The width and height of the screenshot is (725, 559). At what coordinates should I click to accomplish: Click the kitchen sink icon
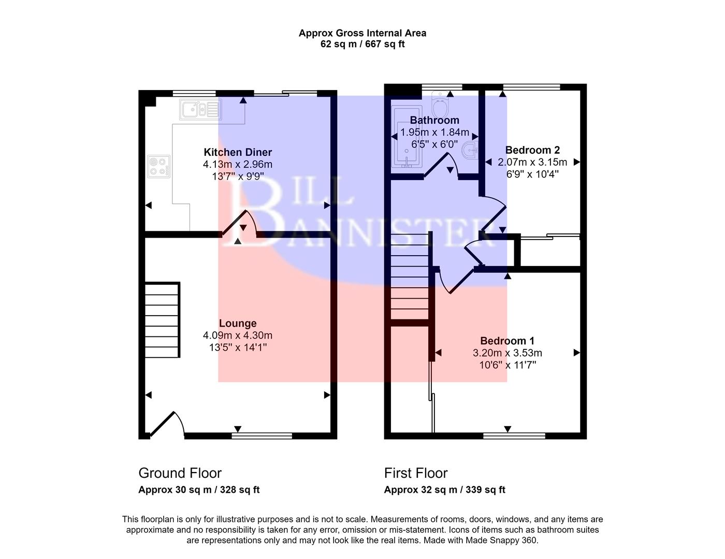point(201,109)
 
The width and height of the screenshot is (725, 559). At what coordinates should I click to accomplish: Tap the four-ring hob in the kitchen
point(159,166)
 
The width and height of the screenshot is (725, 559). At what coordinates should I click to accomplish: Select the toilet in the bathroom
point(441,106)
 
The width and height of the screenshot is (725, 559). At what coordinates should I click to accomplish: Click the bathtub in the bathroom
point(408,137)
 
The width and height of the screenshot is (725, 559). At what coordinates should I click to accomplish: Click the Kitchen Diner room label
point(238,152)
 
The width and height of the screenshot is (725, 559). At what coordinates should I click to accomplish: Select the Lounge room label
point(238,323)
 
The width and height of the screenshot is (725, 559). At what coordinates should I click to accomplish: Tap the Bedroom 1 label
point(507,341)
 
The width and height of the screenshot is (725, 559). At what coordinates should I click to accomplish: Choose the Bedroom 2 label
point(532,150)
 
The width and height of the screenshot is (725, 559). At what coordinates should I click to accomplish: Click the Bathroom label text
point(434,120)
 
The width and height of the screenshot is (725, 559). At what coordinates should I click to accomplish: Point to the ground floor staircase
point(162,320)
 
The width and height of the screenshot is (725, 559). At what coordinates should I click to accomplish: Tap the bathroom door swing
point(442,166)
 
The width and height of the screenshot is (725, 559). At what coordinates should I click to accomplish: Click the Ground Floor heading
point(180,473)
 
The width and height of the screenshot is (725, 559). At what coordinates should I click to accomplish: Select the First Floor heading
point(416,473)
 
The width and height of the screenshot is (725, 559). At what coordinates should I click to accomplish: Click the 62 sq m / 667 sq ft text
point(363,44)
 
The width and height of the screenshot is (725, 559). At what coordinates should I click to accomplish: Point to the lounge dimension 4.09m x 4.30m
point(238,335)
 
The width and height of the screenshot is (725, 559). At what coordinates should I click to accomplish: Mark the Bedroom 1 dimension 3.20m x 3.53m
point(507,353)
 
